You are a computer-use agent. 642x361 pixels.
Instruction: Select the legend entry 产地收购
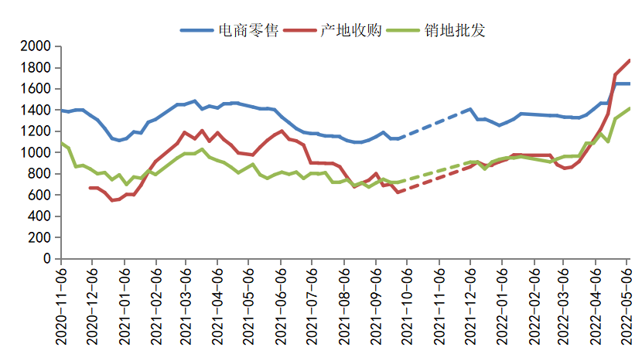[350, 30]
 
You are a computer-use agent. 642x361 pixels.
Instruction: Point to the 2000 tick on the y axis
[36, 46]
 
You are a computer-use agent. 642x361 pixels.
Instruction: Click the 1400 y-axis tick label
[36, 111]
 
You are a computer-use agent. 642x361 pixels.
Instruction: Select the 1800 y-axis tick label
[36, 68]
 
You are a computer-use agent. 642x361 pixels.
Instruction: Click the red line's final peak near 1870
[629, 60]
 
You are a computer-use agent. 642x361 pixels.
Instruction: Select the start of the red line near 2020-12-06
[90, 188]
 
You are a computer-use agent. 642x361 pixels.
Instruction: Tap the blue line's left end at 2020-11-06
[63, 111]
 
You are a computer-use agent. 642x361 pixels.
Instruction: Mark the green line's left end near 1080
[63, 144]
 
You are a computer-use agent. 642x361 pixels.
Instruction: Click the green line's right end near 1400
[629, 109]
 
